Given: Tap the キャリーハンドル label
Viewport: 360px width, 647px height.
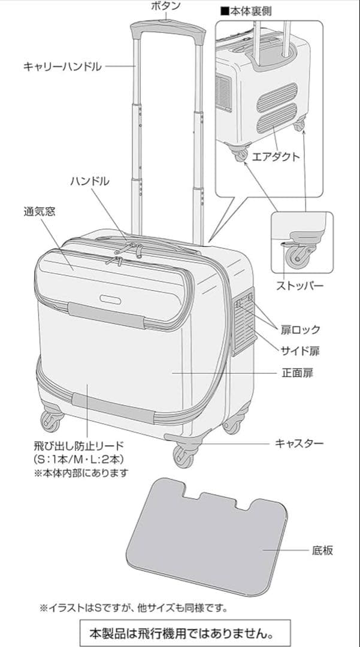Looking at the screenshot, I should [62, 66].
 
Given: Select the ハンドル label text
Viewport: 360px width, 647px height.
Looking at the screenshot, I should [90, 180].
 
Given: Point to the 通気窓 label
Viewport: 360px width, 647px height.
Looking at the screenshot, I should [40, 211].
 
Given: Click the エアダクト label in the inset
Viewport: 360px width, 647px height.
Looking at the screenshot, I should [276, 157].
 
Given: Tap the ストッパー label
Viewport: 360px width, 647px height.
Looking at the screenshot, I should [299, 285].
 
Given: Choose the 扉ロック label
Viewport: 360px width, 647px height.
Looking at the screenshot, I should [301, 329].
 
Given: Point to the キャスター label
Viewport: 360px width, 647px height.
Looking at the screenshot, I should [299, 443].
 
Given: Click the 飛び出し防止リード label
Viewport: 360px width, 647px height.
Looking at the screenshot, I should [78, 445].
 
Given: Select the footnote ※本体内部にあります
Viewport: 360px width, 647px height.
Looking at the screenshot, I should [81, 473].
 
